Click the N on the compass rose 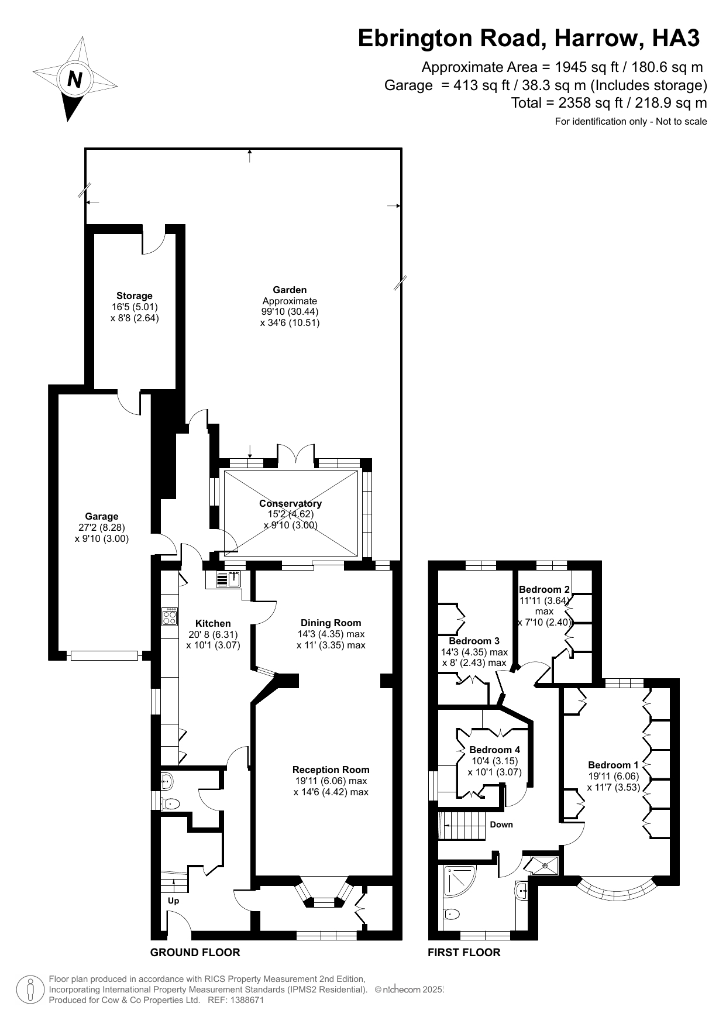coord(74,79)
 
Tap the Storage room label coord(134,296)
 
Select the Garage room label coord(102,516)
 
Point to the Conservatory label coord(290,503)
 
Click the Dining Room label coord(331,623)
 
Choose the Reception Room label coord(331,770)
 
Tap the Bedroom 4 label coord(494,750)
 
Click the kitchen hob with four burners coord(170,616)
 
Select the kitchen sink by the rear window coord(229,579)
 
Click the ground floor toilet coord(171,803)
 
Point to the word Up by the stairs coord(173,901)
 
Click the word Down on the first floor coord(501,825)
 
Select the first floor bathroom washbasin coord(522,891)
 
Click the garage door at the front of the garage coord(104,656)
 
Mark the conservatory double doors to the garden coord(295,456)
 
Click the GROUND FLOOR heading coord(195,952)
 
